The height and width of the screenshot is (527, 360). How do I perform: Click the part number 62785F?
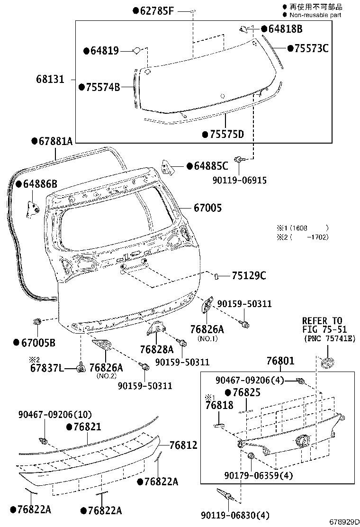coord(156,10)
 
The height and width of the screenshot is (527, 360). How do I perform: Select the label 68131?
coord(49,79)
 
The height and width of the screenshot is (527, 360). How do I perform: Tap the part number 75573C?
coord(311,48)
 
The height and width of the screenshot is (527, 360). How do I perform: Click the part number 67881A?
coord(55,141)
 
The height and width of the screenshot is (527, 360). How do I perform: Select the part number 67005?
coord(207,208)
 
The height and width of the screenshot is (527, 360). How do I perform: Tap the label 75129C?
coord(249,276)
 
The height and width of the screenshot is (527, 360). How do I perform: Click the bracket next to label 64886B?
coord(32,208)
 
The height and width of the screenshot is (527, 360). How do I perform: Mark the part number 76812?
coord(183,445)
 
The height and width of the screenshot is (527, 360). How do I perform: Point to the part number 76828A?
coord(156,349)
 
